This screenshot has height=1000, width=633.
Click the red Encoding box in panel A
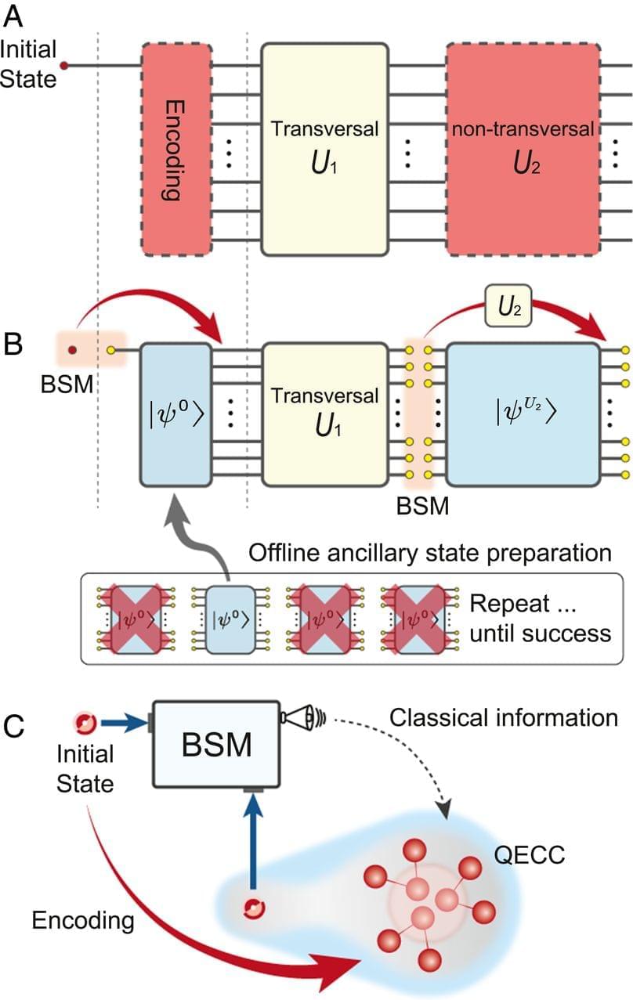click(x=176, y=149)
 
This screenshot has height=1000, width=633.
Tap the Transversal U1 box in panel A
click(x=324, y=149)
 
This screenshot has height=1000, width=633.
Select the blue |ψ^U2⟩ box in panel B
click(x=523, y=412)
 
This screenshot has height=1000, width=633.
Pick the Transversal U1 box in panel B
click(x=324, y=412)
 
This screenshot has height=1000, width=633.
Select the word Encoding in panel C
click(x=82, y=920)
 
